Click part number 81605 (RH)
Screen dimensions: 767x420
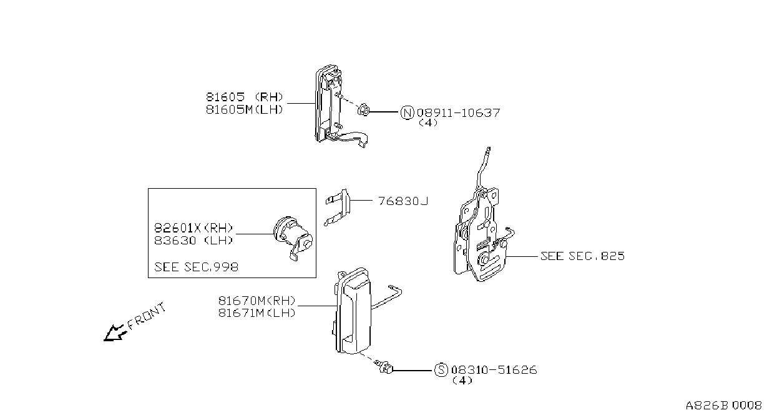point(245,97)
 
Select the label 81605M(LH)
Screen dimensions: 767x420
point(245,110)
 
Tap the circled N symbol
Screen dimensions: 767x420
point(407,112)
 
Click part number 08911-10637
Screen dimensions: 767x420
point(459,112)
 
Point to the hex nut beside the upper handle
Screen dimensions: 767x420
point(364,111)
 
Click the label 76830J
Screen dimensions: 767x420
point(403,201)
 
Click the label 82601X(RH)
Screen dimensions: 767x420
point(193,227)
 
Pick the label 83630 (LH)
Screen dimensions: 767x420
point(193,241)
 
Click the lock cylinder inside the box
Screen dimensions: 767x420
point(293,238)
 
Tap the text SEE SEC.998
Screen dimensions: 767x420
point(196,267)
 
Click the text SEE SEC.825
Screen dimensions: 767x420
point(582,256)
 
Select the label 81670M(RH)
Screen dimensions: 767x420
point(256,301)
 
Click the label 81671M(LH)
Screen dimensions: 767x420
point(256,313)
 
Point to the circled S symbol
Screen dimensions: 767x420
point(441,370)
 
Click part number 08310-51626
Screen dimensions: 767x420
point(494,370)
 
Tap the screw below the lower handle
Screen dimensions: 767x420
point(384,367)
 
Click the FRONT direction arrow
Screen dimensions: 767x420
point(114,333)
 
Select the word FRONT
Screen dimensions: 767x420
point(147,316)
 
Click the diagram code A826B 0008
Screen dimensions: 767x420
point(723,406)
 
